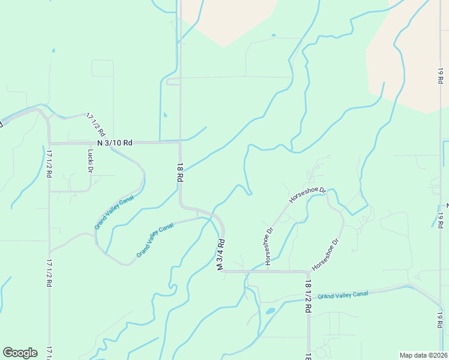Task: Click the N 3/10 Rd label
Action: [x=115, y=143]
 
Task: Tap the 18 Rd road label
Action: [x=179, y=172]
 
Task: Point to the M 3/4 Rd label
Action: [x=221, y=255]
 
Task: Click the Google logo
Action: [x=20, y=353]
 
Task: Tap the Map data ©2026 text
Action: [x=423, y=355]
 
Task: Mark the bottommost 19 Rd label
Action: [x=440, y=319]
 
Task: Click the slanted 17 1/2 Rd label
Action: [x=95, y=124]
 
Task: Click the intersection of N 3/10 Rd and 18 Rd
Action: [x=180, y=142]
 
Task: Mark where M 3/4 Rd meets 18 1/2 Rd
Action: [x=308, y=272]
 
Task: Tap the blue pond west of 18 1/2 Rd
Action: [x=270, y=311]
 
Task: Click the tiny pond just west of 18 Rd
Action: [x=165, y=115]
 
